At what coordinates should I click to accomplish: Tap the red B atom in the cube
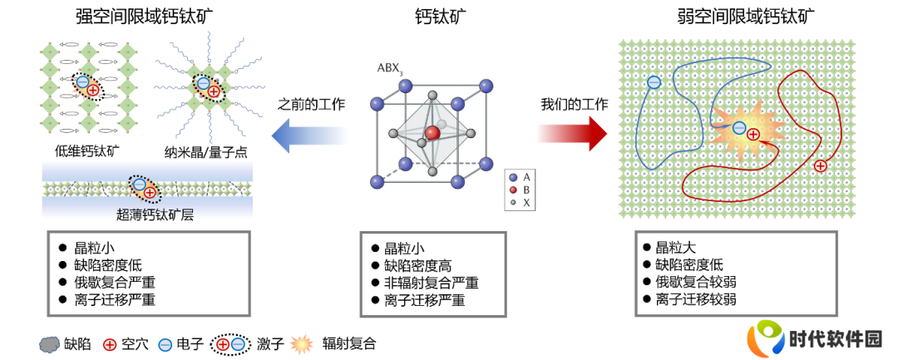pos(432,133)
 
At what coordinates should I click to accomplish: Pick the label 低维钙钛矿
pos(87,151)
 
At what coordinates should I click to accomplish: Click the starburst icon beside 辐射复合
pos(302,343)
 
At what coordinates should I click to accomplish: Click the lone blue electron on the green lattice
pos(654,82)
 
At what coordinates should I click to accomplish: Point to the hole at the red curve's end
pos(820,166)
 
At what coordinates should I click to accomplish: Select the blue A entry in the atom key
pos(519,177)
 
